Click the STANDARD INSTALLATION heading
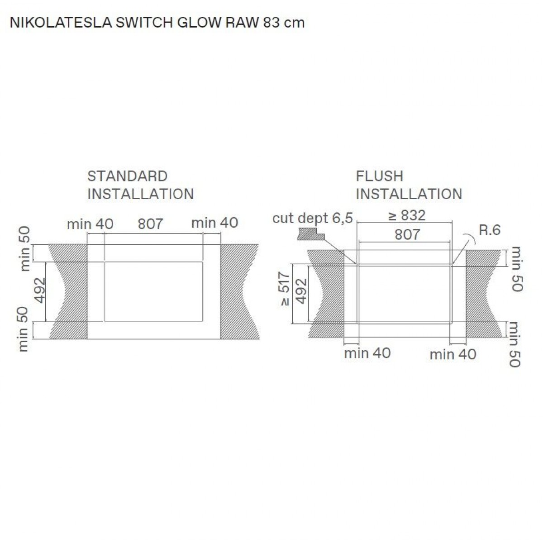coord(140,185)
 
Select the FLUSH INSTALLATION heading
coord(409,185)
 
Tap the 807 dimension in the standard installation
coord(150,224)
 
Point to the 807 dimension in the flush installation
coord(407,234)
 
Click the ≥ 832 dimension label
coord(407,215)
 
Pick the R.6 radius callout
coord(490,230)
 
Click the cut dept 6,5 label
coord(312,218)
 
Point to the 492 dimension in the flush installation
coord(301,291)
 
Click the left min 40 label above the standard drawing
coord(90,224)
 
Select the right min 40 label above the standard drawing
coord(214,223)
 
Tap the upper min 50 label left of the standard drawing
coord(24,249)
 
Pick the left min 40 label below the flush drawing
coord(367,353)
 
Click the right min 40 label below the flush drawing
coord(453,354)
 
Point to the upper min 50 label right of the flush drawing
coord(516,269)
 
